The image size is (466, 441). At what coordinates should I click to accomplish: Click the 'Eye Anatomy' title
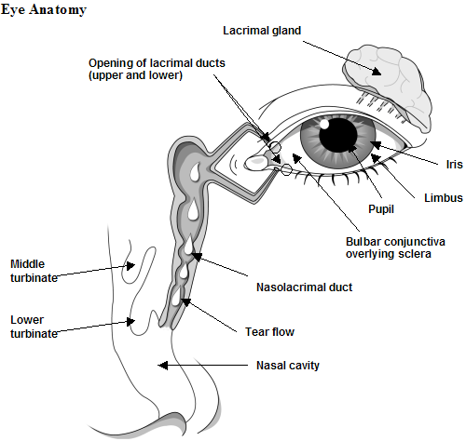tap(44, 10)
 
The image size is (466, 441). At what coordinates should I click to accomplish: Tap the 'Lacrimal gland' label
tap(262, 31)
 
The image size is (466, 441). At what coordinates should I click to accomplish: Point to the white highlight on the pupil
tap(324, 124)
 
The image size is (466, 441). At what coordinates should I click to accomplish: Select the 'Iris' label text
tap(454, 164)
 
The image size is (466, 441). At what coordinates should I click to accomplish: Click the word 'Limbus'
tap(444, 197)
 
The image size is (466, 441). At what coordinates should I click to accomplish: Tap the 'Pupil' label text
tap(381, 209)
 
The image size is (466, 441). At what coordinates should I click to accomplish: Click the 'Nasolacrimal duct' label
tap(304, 287)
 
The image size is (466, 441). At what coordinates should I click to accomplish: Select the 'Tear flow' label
tap(269, 332)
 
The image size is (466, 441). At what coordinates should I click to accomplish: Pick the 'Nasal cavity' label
tap(288, 366)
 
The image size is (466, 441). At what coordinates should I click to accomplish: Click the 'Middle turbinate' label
tap(34, 271)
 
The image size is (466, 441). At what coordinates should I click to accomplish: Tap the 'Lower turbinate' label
tap(34, 327)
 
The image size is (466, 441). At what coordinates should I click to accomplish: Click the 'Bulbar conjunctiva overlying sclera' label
tap(395, 247)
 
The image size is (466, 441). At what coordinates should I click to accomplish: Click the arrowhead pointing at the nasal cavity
tap(163, 366)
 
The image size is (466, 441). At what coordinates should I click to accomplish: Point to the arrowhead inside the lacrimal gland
tap(377, 72)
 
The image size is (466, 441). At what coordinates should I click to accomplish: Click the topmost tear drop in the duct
tap(195, 171)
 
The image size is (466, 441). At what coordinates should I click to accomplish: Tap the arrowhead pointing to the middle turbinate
tap(130, 266)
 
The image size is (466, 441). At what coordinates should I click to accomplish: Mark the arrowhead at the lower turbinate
tap(130, 322)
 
